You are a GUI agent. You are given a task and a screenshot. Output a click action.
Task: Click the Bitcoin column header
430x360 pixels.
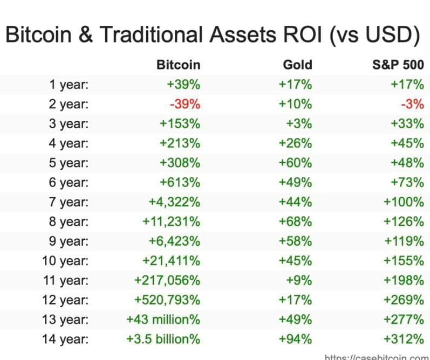pos(178,65)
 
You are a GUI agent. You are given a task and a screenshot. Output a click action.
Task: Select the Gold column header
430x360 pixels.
pos(297,65)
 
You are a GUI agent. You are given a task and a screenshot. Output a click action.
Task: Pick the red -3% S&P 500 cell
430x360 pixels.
pos(412,104)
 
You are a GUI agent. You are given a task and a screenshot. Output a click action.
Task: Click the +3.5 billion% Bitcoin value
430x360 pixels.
pos(164,339)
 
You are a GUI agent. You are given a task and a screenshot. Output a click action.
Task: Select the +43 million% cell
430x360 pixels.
pos(163,319)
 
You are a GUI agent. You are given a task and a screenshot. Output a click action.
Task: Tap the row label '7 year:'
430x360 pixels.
pos(69,202)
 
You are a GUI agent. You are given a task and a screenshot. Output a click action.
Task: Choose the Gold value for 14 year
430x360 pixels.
pos(295,339)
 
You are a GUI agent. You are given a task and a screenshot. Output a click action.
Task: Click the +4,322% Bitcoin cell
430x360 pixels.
pos(174,202)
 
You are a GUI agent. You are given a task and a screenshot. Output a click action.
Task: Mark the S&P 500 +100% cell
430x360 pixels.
pos(404,202)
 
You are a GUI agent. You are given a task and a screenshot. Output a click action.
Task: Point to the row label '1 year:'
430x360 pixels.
pos(69,85)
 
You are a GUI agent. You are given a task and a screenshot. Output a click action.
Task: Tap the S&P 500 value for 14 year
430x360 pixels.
pos(404,339)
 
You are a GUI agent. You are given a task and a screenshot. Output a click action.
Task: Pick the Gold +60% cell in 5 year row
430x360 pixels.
pos(295,163)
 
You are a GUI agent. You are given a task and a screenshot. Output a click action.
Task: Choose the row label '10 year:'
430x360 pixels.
pos(65,261)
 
